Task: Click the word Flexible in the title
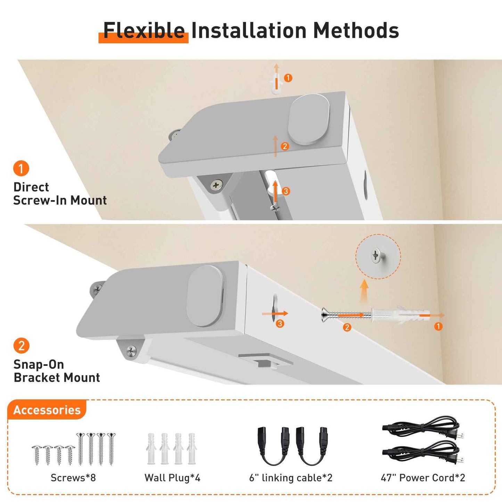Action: (x=144, y=31)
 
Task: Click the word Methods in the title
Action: (x=356, y=31)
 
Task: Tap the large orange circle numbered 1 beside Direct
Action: (x=21, y=168)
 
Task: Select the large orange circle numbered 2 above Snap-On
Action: (x=21, y=346)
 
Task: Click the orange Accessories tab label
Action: (x=47, y=410)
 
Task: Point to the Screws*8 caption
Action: (x=73, y=478)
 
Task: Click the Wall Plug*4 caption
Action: (x=172, y=478)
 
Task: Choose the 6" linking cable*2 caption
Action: (x=291, y=478)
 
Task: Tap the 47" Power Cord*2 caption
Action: (x=423, y=478)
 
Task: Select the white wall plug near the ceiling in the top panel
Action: (x=276, y=84)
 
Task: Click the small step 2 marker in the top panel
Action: (x=285, y=146)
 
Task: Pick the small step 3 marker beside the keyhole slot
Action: (x=280, y=324)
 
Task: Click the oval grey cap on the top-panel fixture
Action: (x=309, y=119)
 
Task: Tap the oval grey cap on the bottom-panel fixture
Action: (x=205, y=296)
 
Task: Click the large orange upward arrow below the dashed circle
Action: (x=364, y=291)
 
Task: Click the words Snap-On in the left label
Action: (x=39, y=364)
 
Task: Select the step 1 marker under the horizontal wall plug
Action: (x=438, y=326)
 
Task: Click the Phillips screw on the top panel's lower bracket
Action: (x=216, y=186)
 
